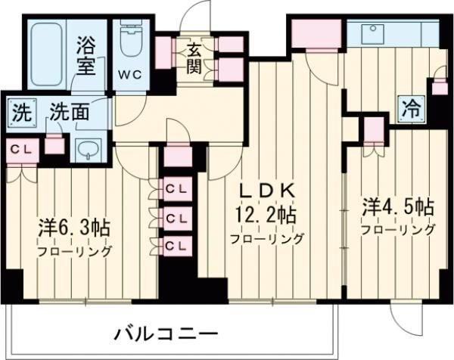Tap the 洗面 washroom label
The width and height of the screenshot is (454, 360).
click(69, 112)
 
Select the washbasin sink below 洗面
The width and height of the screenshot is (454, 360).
click(89, 149)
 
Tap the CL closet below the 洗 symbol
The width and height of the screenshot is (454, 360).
click(20, 149)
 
